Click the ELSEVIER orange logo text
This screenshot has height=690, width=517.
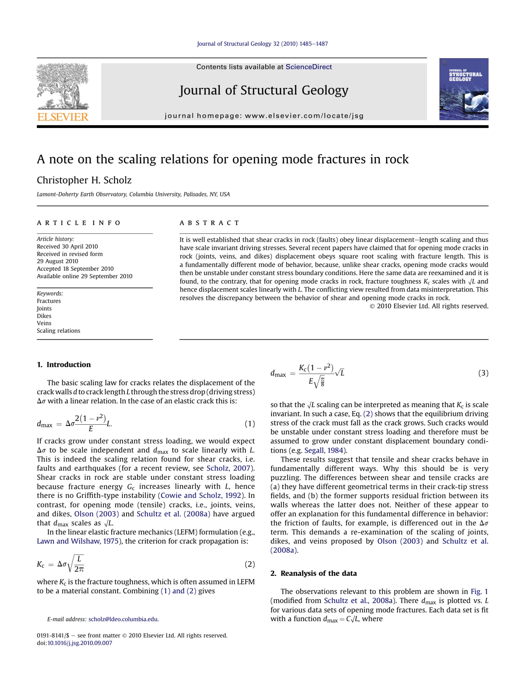(x=63, y=117)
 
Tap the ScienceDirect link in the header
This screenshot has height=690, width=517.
(x=308, y=67)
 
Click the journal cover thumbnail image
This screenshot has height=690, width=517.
(x=463, y=89)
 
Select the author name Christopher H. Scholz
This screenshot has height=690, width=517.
(x=84, y=180)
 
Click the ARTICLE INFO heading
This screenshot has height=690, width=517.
(x=79, y=223)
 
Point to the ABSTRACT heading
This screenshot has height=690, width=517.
(x=209, y=223)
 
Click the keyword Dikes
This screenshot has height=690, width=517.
(x=44, y=316)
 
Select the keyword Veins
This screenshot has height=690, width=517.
(x=44, y=323)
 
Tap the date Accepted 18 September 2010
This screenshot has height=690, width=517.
(x=75, y=268)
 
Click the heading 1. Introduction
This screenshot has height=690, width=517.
(x=64, y=364)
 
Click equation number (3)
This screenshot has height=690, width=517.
(x=483, y=373)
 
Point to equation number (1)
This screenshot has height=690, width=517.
(x=249, y=424)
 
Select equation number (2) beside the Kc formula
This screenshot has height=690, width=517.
(x=249, y=564)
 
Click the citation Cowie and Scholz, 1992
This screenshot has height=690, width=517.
(x=201, y=496)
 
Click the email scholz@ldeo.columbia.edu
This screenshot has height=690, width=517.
(x=123, y=619)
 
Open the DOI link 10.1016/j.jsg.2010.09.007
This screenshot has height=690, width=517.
(x=80, y=643)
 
